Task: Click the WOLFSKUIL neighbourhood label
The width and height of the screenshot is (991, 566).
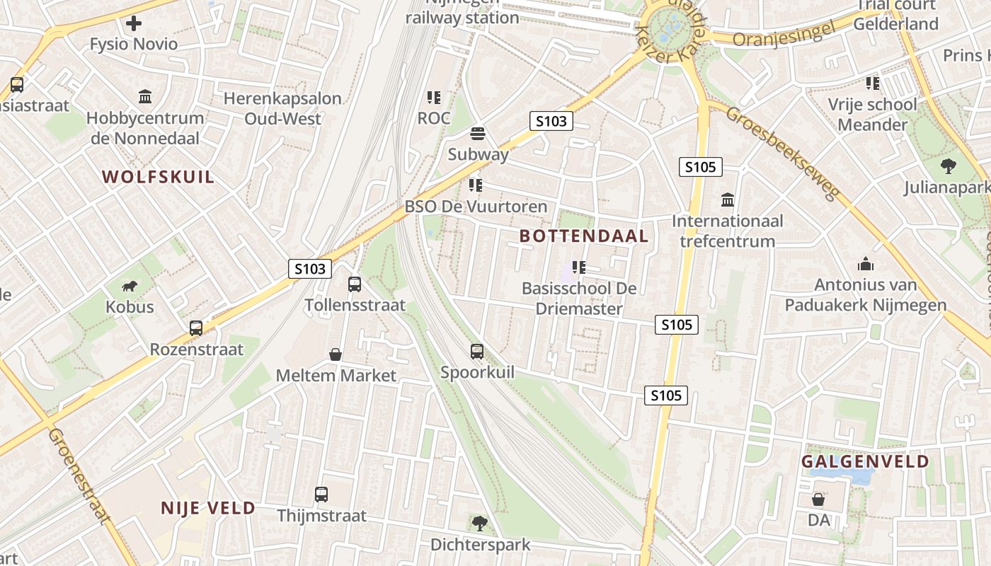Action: click(158, 177)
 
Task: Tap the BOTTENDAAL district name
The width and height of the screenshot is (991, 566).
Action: click(584, 236)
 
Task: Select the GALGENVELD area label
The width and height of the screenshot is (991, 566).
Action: click(865, 462)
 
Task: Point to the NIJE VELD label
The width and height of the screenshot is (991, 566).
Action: click(208, 508)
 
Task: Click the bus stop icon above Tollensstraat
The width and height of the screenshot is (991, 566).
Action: click(355, 284)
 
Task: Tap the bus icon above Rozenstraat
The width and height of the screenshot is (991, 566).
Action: click(196, 328)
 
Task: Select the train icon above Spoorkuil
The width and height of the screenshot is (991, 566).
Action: click(477, 351)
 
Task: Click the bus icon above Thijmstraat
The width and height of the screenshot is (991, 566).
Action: click(321, 495)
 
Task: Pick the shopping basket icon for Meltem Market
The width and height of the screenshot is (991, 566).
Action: click(336, 354)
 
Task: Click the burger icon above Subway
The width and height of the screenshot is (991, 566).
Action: click(478, 134)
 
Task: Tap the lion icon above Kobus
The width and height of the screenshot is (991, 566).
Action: click(130, 286)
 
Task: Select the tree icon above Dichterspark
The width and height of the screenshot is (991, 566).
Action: click(480, 524)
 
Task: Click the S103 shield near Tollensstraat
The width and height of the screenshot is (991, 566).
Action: click(310, 269)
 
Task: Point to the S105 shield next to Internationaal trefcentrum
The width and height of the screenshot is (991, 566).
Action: click(701, 168)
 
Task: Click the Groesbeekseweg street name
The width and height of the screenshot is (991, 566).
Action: click(782, 154)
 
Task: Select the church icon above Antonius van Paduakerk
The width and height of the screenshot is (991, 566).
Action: click(865, 264)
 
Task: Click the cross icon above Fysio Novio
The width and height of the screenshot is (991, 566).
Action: click(134, 23)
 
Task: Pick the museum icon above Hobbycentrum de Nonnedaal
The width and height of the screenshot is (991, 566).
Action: click(146, 96)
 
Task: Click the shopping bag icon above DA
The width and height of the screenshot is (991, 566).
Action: click(818, 499)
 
